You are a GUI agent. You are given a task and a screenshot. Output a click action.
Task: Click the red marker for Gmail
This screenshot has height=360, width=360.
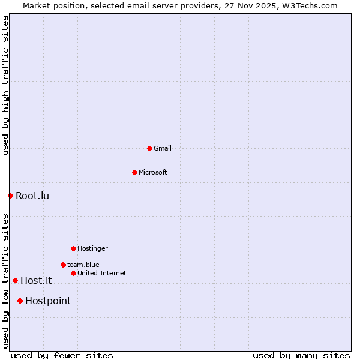tap(149, 148)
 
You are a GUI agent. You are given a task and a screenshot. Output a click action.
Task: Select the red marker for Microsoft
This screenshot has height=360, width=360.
tap(134, 172)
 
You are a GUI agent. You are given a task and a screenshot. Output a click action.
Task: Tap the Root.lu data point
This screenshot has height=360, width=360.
tap(10, 196)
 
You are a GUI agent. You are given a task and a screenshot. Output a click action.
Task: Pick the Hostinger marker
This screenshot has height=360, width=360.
tap(73, 248)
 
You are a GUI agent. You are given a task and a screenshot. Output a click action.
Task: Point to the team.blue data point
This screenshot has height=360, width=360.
tap(63, 265)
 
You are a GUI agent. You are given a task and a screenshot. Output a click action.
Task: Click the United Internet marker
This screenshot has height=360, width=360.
tap(73, 273)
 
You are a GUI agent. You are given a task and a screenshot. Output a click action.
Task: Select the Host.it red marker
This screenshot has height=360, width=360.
tap(15, 280)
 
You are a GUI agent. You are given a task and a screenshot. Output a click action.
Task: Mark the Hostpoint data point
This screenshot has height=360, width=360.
tap(20, 301)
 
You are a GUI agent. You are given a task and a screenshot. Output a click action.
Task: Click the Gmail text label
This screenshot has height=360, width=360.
tap(163, 148)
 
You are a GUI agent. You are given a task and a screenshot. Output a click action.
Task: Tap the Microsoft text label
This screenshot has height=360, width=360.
tap(153, 172)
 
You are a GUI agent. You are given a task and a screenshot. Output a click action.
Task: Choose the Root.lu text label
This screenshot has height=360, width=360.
tap(32, 196)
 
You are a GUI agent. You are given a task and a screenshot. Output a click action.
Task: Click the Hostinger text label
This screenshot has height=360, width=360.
tap(92, 248)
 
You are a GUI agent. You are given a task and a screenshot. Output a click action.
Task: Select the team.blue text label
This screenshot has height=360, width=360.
tap(83, 265)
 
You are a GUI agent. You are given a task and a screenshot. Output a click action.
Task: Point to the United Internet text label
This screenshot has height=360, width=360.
tap(102, 273)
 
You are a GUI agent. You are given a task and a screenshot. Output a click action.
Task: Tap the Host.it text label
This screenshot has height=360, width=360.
tap(36, 280)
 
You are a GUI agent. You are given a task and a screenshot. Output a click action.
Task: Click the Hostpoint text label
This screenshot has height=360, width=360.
tap(48, 301)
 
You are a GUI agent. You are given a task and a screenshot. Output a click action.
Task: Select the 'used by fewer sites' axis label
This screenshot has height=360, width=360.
tap(62, 355)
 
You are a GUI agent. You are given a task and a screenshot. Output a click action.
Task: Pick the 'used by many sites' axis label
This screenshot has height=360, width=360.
tap(301, 355)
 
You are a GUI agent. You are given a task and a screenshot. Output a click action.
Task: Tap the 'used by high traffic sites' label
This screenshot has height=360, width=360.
tap(5, 85)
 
